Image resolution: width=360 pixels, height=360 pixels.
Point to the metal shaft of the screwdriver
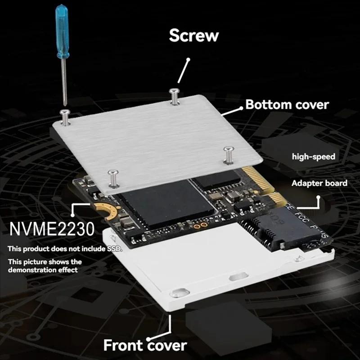pyautogui.click(x=64, y=81)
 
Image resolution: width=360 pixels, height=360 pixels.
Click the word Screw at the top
pyautogui.click(x=194, y=35)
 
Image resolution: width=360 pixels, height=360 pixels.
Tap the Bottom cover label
pyautogui.click(x=287, y=105)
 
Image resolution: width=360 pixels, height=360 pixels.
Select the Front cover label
pyautogui.click(x=145, y=345)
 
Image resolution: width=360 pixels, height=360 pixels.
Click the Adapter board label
pyautogui.click(x=319, y=183)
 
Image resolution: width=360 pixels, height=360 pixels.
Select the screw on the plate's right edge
pyautogui.click(x=228, y=153)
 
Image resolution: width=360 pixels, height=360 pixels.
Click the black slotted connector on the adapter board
pyautogui.click(x=265, y=229)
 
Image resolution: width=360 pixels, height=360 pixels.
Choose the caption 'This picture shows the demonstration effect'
pyautogui.click(x=45, y=265)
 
